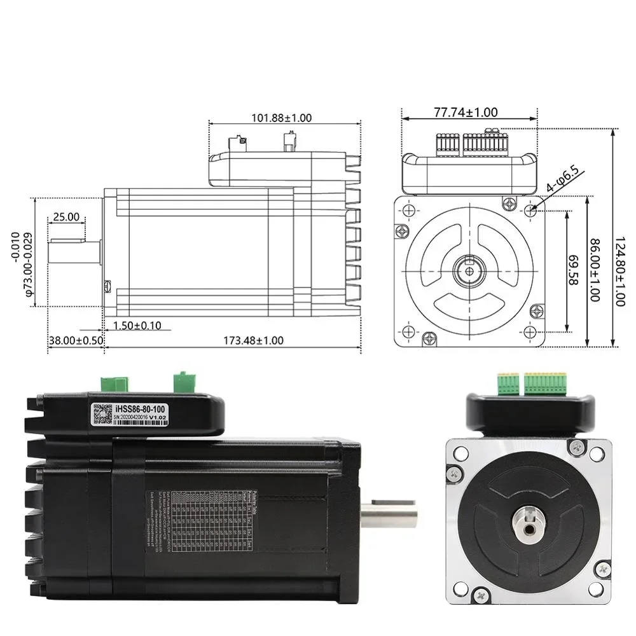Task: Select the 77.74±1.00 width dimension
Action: (x=466, y=113)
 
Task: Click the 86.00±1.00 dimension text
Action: (x=594, y=270)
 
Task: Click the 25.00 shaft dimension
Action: (x=66, y=217)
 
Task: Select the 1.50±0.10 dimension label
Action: (x=137, y=326)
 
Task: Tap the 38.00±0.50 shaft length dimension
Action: (x=76, y=340)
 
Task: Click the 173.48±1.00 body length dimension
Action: (x=253, y=340)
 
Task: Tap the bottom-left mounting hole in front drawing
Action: (x=408, y=331)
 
